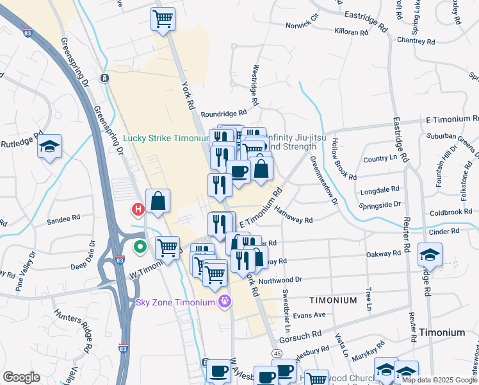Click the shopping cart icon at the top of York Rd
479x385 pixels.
point(163,19)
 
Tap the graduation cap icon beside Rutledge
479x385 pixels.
point(49,147)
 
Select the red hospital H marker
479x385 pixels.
point(137,209)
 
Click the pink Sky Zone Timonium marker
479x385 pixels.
point(224,301)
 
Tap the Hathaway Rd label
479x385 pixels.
point(293,215)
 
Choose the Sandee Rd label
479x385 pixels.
point(63,221)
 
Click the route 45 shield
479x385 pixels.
point(277,354)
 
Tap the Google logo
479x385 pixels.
point(21,377)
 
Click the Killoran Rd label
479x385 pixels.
point(351,31)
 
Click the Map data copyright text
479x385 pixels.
point(439,380)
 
